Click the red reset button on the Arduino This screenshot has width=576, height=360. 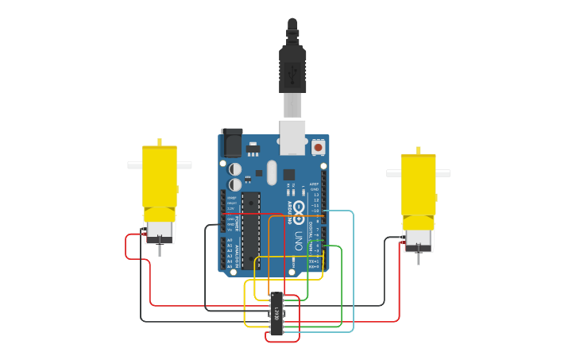318,147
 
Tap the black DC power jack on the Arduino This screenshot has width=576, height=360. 231,142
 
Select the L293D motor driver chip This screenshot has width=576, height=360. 276,314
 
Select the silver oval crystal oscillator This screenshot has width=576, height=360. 271,172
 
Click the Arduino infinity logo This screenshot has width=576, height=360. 299,210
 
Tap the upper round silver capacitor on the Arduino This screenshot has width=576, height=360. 236,169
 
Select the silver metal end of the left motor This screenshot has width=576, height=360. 159,231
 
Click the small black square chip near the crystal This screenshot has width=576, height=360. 288,175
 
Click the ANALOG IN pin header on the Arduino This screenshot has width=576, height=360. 224,252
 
